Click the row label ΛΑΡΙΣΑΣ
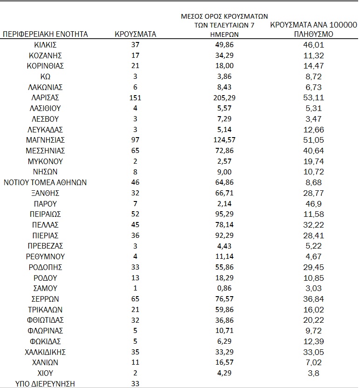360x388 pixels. click(45, 98)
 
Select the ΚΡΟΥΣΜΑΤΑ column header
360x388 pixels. click(135, 34)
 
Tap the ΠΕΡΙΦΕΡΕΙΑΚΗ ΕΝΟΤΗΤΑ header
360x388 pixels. click(45, 34)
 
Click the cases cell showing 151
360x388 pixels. click(135, 98)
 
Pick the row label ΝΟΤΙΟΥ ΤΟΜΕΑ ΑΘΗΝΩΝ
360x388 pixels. click(45, 182)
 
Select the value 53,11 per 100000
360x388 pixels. click(313, 98)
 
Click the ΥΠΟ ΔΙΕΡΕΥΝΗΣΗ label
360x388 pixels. click(45, 383)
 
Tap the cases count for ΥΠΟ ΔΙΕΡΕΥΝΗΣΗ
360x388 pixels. click(135, 383)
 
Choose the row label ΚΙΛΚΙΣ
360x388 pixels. click(45, 45)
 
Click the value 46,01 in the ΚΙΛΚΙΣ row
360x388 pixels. click(313, 45)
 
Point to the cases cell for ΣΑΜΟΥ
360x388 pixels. click(135, 288)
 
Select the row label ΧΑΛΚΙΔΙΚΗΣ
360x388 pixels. click(45, 352)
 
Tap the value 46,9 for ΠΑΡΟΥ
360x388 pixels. click(313, 204)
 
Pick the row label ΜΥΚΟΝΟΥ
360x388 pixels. click(45, 161)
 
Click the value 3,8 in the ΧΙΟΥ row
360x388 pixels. click(313, 373)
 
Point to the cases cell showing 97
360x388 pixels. click(135, 140)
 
